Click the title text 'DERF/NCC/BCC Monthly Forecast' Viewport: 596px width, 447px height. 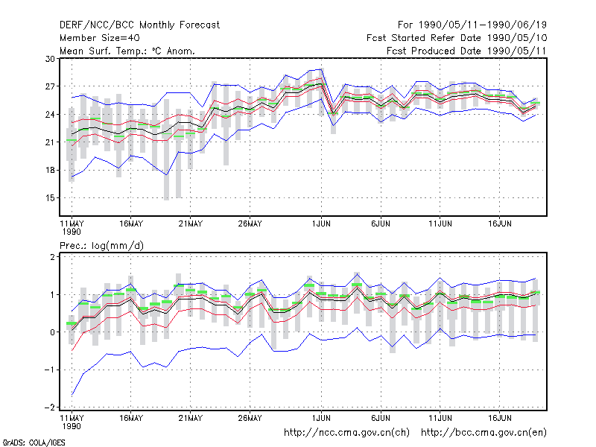pos(139,25)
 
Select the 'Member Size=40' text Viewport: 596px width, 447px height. pos(100,38)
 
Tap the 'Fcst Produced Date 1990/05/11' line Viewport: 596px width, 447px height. pos(466,51)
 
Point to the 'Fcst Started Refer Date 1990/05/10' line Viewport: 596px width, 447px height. pos(457,38)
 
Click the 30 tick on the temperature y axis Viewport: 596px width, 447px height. pos(50,59)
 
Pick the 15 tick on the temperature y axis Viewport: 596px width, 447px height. pos(50,198)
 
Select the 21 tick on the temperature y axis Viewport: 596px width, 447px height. pos(50,142)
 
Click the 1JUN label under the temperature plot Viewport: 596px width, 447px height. pos(321,224)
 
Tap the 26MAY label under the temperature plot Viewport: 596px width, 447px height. pos(250,224)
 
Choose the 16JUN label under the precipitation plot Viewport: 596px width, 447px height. pos(499,418)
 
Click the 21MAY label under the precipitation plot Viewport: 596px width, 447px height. pos(191,418)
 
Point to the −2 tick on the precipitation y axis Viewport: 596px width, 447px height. pos(50,408)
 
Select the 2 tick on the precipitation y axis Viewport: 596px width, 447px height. pos(52,257)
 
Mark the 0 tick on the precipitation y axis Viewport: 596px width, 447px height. pos(52,332)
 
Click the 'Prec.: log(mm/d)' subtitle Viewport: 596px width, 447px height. pos(102,246)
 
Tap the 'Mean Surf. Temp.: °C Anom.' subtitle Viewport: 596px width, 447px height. pos(127,51)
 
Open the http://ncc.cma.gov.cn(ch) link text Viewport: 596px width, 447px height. pos(346,433)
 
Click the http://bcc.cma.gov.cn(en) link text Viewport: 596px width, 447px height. pos(484,433)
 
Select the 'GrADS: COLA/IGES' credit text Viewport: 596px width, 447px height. pos(34,443)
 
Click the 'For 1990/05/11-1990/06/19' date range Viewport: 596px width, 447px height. pos(472,25)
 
